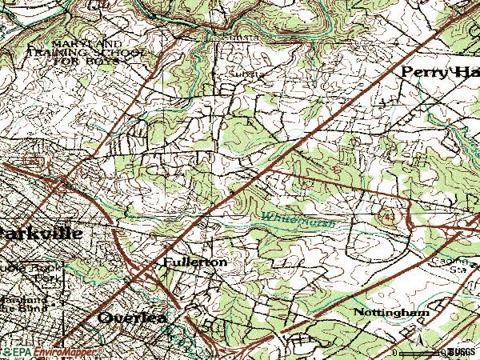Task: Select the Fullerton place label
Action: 194,262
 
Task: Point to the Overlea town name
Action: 132,318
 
